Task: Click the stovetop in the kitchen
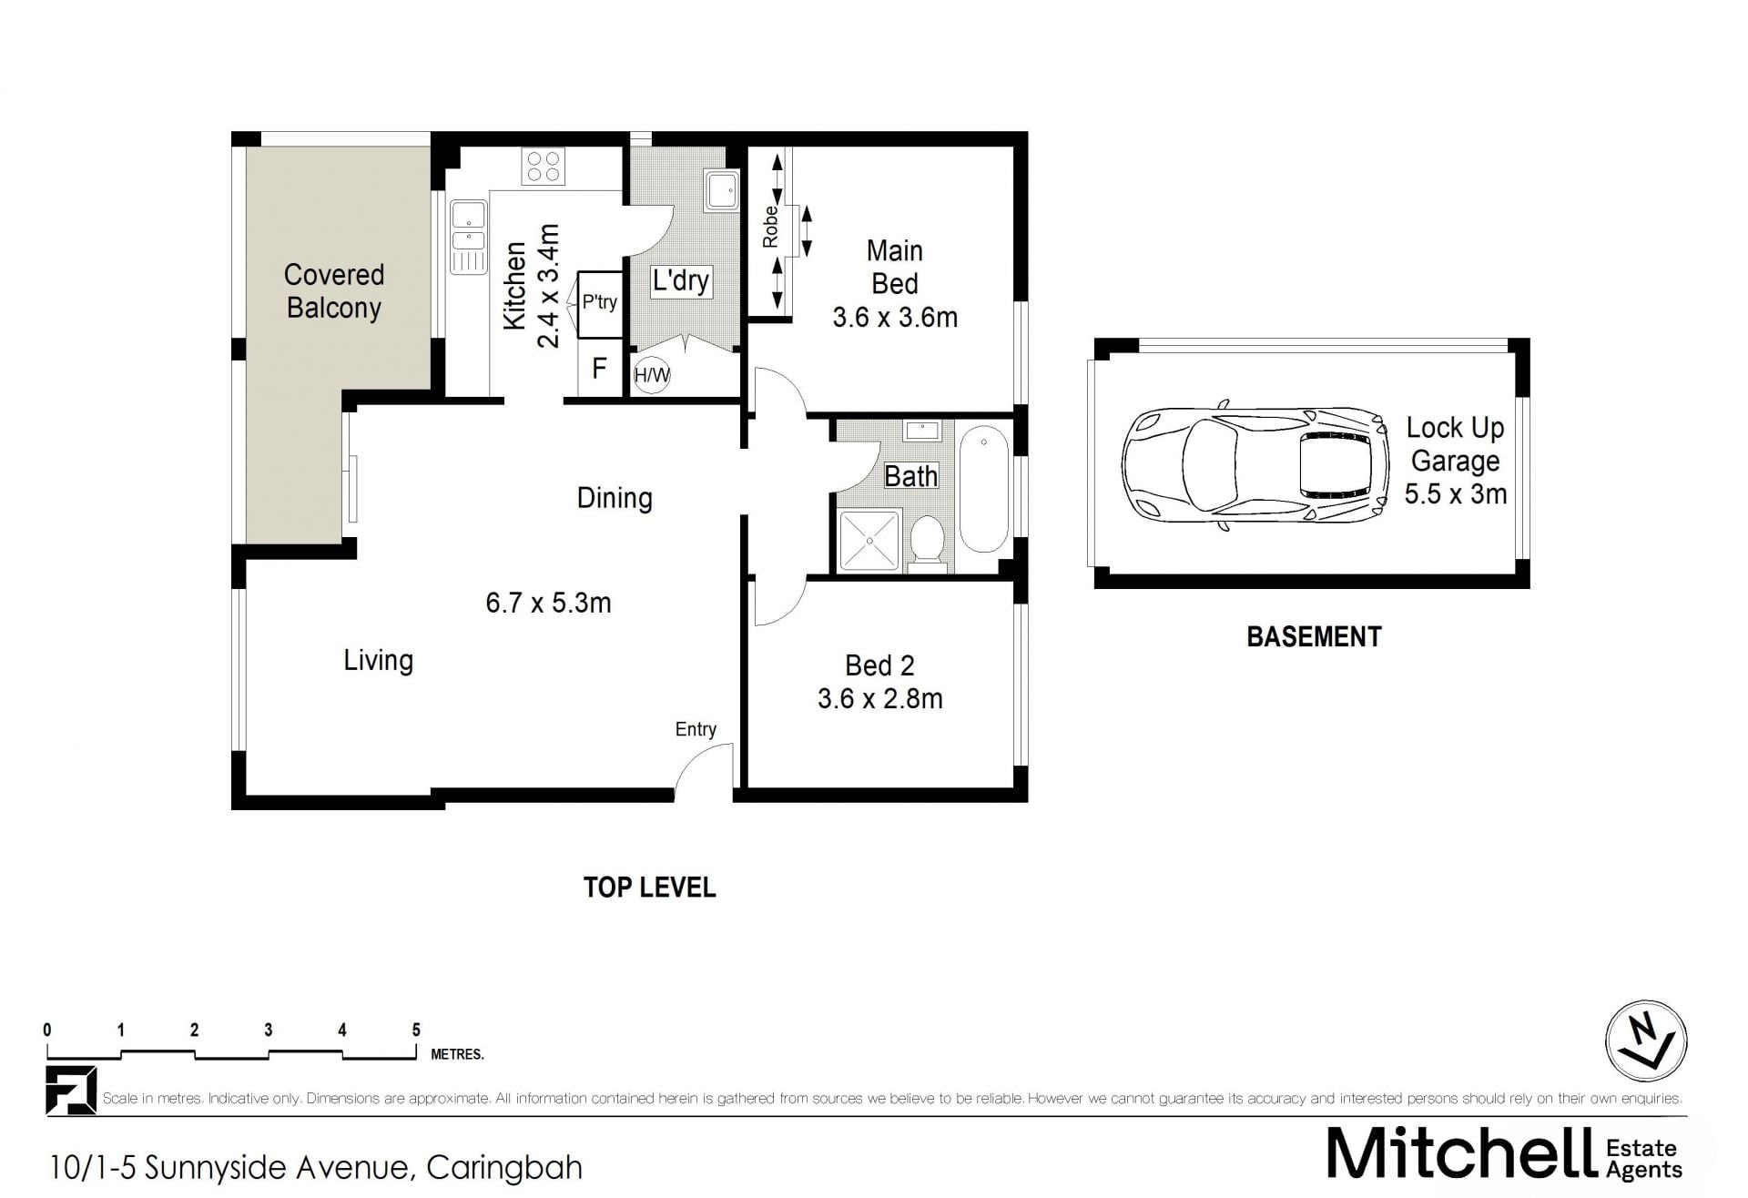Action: [x=544, y=167]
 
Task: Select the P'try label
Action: [x=600, y=301]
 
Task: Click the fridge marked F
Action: [x=599, y=368]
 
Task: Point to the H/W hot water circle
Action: [x=652, y=374]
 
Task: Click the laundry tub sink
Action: [x=722, y=189]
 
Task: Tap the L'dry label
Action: [x=681, y=280]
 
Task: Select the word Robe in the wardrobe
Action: [x=771, y=227]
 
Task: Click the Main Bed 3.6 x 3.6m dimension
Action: [x=895, y=317]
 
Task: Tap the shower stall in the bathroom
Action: [x=869, y=541]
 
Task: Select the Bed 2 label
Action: [x=879, y=665]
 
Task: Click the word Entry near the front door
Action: [x=696, y=729]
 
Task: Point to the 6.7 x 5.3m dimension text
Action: [x=548, y=603]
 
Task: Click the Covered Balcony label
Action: [x=334, y=291]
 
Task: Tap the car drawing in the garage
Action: [x=1255, y=465]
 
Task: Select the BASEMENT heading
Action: [x=1314, y=636]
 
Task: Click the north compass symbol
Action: [x=1646, y=1041]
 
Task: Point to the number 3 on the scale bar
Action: [x=269, y=1030]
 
